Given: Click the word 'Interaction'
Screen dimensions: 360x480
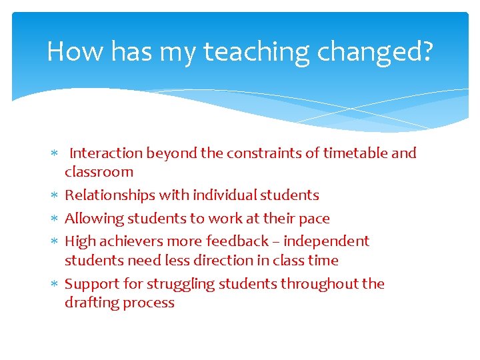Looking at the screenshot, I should [x=106, y=153].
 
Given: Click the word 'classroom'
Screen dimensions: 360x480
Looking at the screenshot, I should [x=99, y=172].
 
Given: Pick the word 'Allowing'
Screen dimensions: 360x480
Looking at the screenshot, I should [x=91, y=219].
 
